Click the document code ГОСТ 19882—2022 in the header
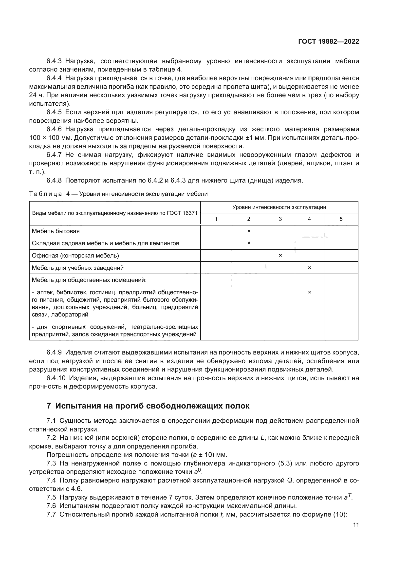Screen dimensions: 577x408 click(328, 41)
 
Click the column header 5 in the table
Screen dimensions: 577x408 click(341, 219)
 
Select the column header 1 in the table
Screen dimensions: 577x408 click(216, 219)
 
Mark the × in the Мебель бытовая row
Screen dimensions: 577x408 click(249, 231)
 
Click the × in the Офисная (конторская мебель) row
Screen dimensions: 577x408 click(280, 256)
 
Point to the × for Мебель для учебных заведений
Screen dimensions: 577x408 click(309, 268)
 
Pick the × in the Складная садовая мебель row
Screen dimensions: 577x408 click(249, 243)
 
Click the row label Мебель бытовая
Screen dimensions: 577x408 click(56, 231)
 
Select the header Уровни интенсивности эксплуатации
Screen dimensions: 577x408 click(279, 207)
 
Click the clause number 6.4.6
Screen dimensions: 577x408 click(54, 130)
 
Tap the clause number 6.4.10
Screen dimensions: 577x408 click(56, 378)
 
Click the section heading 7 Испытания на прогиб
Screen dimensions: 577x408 click(148, 406)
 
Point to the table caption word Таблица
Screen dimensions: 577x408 click(45, 194)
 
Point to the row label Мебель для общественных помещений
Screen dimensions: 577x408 click(89, 280)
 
